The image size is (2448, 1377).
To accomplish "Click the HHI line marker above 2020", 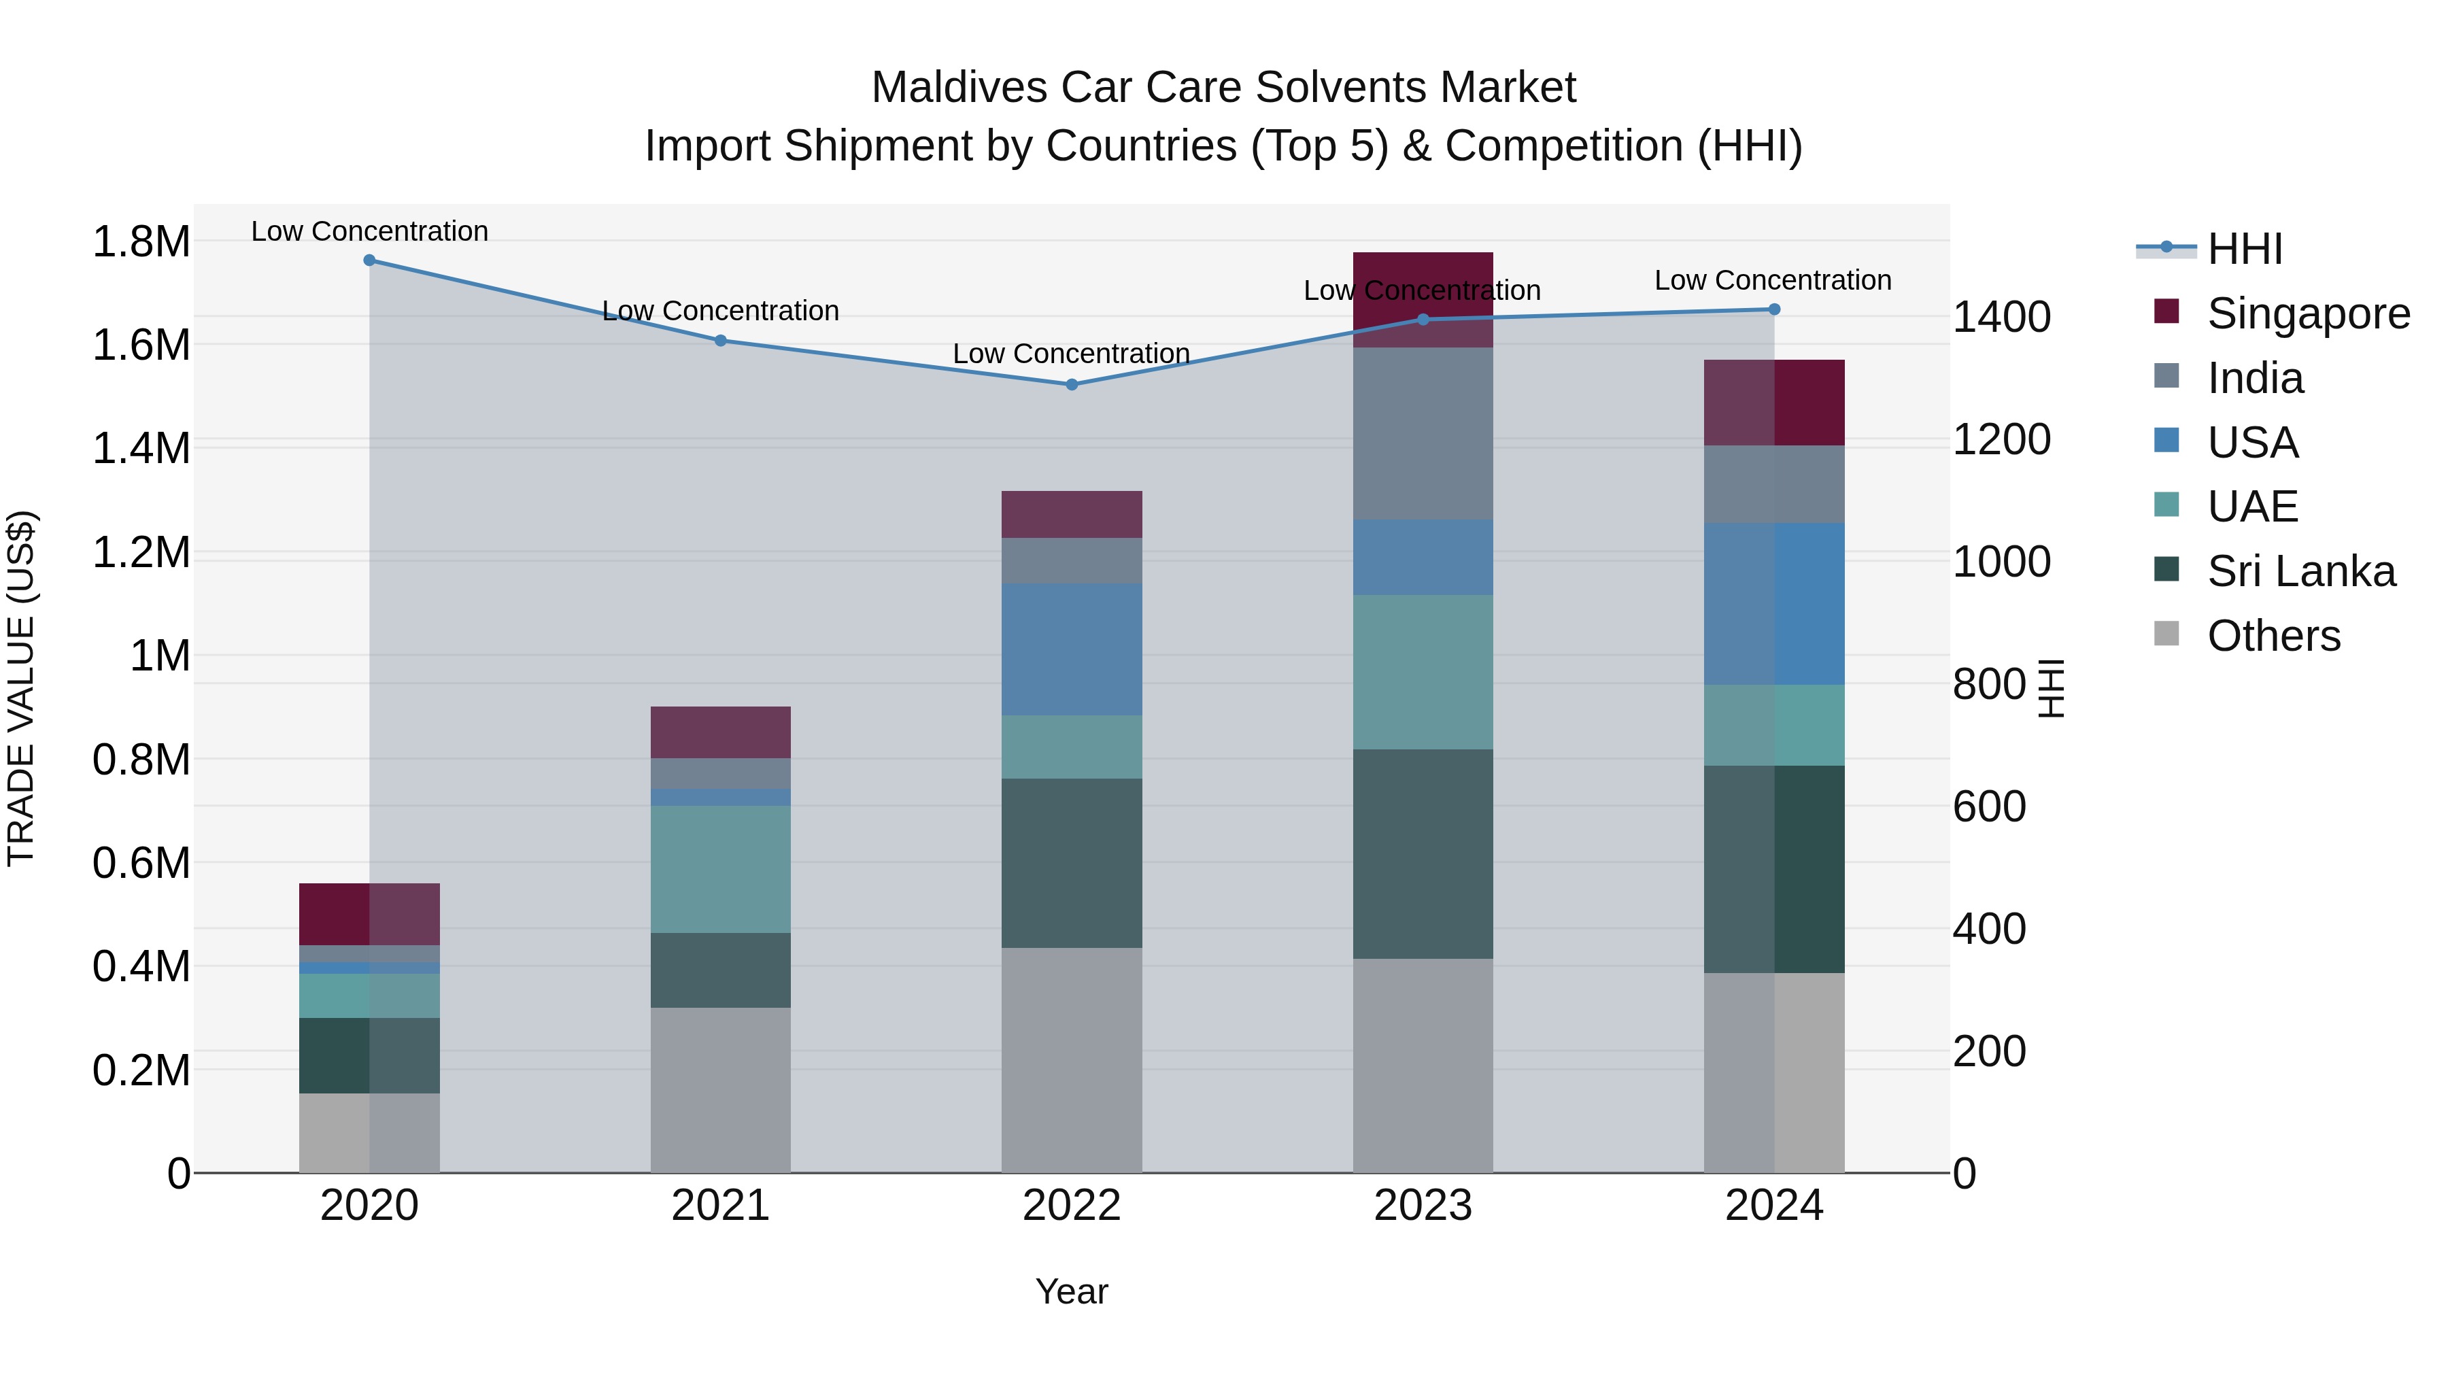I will (370, 260).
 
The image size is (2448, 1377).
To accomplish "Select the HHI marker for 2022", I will (1071, 385).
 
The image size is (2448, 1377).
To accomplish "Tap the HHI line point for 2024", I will (1773, 310).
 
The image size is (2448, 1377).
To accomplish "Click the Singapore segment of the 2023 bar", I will (1423, 275).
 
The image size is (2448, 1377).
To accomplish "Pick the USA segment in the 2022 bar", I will (1071, 649).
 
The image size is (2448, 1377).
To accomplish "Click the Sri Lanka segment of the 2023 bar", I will (1423, 853).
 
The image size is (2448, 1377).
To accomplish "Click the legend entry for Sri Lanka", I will (2300, 571).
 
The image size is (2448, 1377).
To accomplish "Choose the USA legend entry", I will (2252, 443).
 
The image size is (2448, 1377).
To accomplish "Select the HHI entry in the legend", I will (2244, 249).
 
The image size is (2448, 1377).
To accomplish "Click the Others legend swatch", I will (2166, 634).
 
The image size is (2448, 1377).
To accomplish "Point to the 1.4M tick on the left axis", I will (141, 449).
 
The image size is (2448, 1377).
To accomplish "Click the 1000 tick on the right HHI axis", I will (2001, 562).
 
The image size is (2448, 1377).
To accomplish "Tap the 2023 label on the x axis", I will (1423, 1206).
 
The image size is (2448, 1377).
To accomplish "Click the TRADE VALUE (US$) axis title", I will (22, 688).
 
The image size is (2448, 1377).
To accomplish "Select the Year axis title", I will (1071, 1291).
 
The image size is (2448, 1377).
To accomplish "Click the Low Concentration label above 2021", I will (720, 311).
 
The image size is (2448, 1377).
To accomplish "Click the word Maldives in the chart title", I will (959, 88).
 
